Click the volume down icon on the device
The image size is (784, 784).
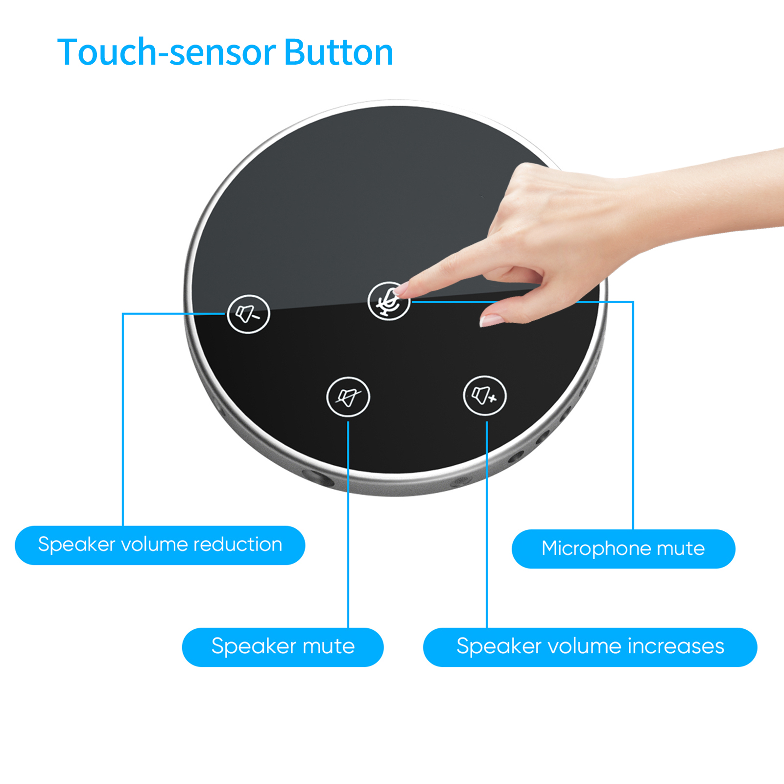click(x=248, y=314)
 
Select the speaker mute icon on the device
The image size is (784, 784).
click(x=348, y=397)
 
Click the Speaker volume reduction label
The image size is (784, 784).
click(x=160, y=545)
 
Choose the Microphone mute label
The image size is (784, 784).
click(x=623, y=548)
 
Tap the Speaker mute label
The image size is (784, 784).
click(x=283, y=647)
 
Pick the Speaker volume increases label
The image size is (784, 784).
click(x=590, y=647)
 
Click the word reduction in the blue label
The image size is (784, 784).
click(x=238, y=545)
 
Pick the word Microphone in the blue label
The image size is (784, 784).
click(x=595, y=548)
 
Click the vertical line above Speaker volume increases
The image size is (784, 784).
click(x=487, y=524)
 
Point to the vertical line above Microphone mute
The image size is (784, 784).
click(x=633, y=416)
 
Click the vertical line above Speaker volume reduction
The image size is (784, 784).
click(x=123, y=421)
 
